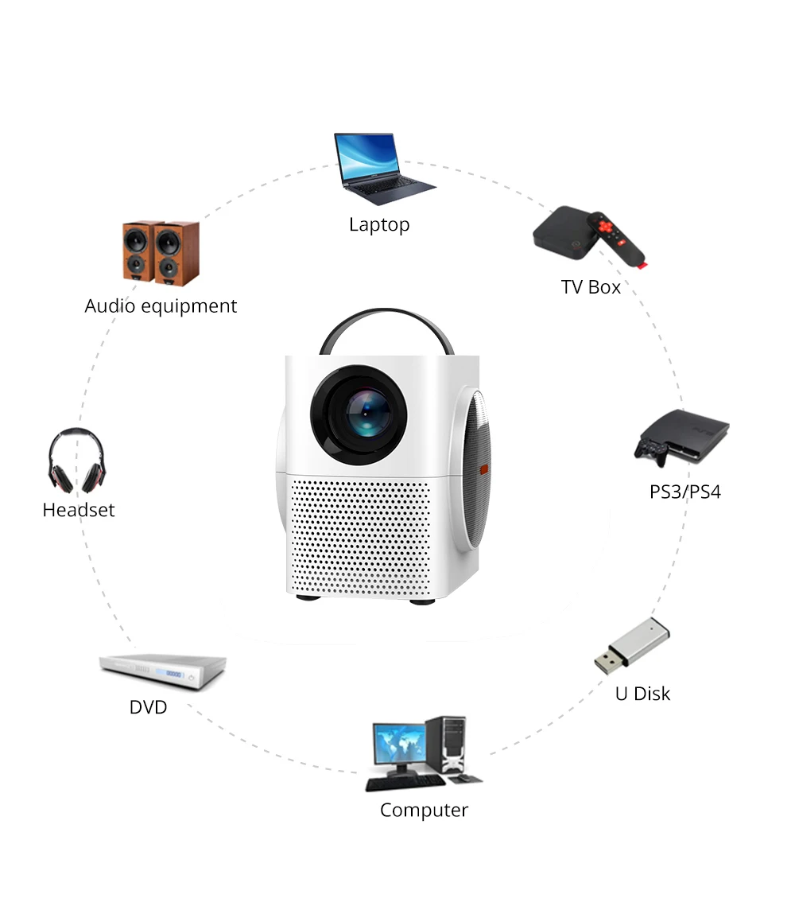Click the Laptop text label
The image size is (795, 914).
point(379,225)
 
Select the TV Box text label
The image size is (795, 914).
point(591,287)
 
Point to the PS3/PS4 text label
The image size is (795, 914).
point(685,492)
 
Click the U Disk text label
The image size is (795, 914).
point(642,694)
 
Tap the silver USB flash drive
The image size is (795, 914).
point(632,645)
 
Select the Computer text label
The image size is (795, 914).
point(424,811)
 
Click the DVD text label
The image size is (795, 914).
point(149,707)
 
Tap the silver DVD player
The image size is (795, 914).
point(162,671)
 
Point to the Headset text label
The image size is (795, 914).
point(79,510)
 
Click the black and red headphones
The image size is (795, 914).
point(76,461)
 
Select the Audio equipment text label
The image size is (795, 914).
point(161,306)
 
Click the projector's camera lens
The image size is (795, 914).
point(366,412)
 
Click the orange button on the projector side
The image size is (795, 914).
point(484,469)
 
